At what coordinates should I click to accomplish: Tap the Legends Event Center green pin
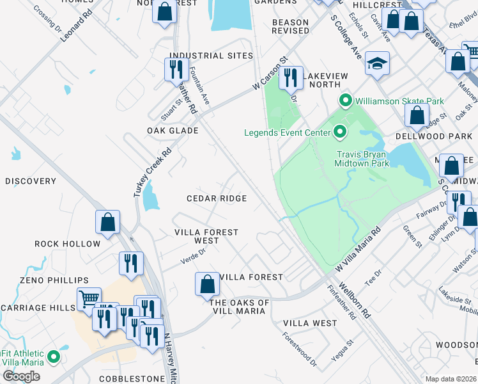340,132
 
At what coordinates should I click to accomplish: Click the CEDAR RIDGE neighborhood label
216,198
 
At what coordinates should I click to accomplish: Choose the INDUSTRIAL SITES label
211,56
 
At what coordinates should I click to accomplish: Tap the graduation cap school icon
378,64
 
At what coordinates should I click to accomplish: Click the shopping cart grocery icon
89,298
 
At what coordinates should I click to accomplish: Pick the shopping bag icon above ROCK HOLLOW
108,222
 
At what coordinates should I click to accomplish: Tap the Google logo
21,376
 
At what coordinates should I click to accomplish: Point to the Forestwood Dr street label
300,348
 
